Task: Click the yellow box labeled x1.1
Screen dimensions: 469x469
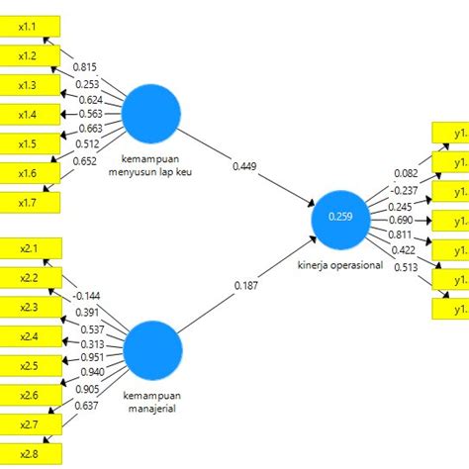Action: tap(30, 26)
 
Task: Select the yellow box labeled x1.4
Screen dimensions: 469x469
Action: tap(30, 115)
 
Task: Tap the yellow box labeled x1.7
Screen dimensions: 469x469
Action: tap(30, 203)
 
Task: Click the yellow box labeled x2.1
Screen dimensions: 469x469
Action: tap(30, 247)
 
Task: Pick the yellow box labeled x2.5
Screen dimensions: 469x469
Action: tap(30, 365)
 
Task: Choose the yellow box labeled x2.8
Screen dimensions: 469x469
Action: tap(30, 453)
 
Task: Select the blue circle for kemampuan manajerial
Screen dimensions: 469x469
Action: tap(153, 350)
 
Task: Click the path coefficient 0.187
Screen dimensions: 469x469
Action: tap(247, 286)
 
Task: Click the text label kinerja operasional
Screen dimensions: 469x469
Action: tap(339, 265)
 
